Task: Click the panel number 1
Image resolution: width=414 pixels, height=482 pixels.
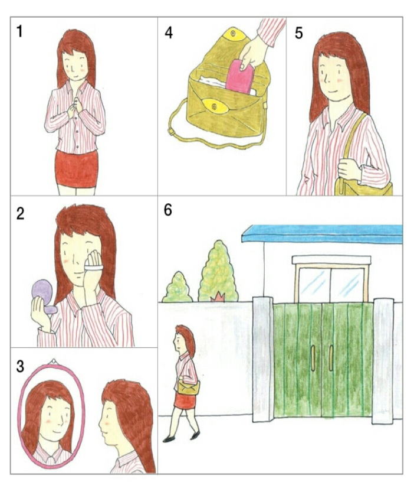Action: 19,31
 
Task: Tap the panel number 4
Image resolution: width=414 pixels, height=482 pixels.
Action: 169,32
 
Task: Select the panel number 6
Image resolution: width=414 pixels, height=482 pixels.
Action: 168,210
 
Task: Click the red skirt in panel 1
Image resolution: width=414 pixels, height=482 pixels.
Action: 77,168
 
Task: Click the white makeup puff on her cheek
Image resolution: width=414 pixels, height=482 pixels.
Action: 94,268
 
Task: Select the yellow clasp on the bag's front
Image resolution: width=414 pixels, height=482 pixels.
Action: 215,106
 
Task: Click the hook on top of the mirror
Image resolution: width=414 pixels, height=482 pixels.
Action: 54,361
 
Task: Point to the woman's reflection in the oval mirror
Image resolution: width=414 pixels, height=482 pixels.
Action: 51,421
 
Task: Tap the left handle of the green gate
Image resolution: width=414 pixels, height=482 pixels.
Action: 313,358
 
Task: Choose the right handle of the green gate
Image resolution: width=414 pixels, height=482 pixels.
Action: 331,358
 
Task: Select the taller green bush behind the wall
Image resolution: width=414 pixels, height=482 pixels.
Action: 218,272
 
